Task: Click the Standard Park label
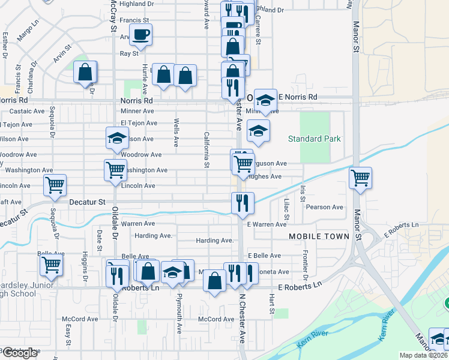(314, 139)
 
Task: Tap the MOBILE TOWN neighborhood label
(319, 236)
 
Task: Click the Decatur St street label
(87, 202)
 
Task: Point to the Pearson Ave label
(325, 207)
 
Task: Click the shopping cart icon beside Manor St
(360, 177)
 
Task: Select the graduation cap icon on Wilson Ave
(117, 138)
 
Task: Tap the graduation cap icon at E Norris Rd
(265, 100)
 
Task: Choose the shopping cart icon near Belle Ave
(51, 263)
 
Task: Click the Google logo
(20, 353)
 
